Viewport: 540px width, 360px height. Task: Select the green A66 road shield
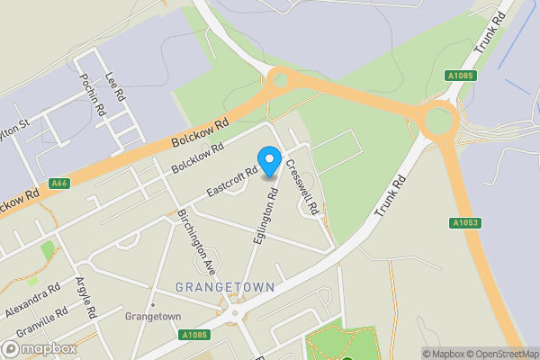(59, 184)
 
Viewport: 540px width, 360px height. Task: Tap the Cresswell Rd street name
(302, 186)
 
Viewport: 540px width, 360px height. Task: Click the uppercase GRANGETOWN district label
(225, 287)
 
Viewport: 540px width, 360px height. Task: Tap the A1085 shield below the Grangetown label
(195, 335)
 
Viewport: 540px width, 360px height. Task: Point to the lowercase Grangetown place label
(153, 317)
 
